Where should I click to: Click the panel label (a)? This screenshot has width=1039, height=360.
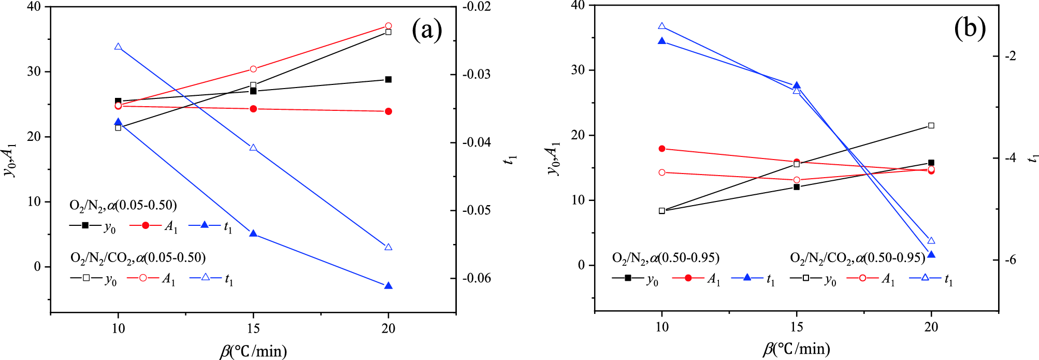(427, 30)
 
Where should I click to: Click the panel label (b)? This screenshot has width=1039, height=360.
(970, 29)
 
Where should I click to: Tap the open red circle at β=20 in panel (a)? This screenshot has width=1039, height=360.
(388, 26)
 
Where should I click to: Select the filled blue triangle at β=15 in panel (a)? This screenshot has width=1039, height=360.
(253, 234)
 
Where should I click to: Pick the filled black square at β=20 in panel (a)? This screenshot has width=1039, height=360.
(388, 79)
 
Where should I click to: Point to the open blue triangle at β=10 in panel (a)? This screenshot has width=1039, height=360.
(118, 47)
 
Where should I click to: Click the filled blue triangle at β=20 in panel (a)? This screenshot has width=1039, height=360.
(388, 286)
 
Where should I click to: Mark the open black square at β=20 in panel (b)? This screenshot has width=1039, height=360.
(931, 125)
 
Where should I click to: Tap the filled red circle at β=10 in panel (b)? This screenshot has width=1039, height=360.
(662, 149)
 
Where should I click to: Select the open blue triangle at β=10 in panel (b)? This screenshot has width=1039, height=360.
(662, 26)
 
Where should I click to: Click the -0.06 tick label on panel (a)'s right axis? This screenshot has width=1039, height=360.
(477, 279)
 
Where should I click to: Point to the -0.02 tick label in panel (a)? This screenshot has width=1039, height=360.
(477, 7)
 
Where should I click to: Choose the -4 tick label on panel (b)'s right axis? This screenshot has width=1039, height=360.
(1010, 158)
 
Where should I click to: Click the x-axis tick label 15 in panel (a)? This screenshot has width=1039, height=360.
(253, 328)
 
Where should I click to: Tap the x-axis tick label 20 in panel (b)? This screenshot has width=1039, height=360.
(931, 327)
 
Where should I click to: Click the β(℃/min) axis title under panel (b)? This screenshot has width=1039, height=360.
(797, 349)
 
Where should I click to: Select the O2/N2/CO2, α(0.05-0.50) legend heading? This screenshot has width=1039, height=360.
(138, 257)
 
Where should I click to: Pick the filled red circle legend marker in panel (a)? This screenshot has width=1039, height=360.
(146, 225)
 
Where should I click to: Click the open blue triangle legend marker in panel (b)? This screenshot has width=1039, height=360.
(925, 278)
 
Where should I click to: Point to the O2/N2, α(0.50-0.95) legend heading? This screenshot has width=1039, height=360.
(666, 257)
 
